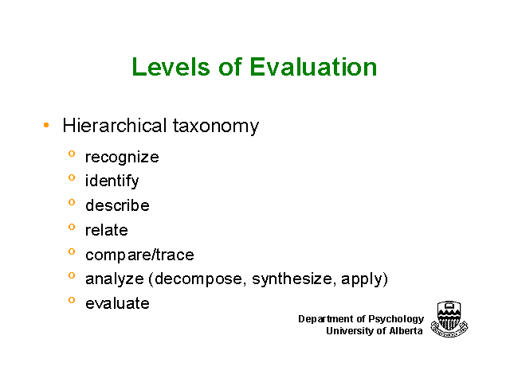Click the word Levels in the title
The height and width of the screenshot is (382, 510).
coord(171,67)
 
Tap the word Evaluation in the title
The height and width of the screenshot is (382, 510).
coord(313,67)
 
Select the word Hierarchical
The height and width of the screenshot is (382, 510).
coord(115,126)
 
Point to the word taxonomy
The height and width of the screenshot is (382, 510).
coord(216,127)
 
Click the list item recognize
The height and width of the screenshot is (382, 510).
coord(122,158)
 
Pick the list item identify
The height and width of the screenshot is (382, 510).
coord(112,181)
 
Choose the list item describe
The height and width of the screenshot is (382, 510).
coord(117,205)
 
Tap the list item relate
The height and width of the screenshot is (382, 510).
coord(106,230)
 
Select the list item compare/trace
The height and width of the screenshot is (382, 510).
coord(139,255)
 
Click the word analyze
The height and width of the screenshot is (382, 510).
coord(115,279)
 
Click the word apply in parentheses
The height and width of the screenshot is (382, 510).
coord(361,279)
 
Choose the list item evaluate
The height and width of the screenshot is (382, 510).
coord(117,303)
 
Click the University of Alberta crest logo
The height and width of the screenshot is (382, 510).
coord(449,319)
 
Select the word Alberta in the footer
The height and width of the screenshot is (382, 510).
coord(406,331)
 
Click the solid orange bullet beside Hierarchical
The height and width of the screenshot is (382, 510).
coord(46,125)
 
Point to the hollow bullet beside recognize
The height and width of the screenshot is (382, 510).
coord(72,154)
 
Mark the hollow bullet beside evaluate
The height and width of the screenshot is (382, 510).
coord(72,300)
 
